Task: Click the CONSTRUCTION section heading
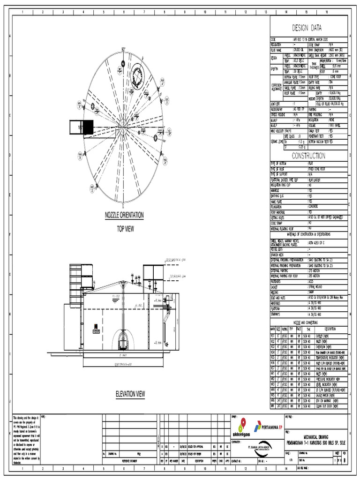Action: click(309, 155)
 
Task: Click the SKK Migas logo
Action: click(242, 427)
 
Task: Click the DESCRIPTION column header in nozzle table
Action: click(330, 329)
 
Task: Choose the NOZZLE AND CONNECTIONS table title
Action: click(309, 322)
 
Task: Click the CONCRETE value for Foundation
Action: click(315, 206)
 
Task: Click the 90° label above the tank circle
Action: click(124, 49)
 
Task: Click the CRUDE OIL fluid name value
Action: click(300, 49)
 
